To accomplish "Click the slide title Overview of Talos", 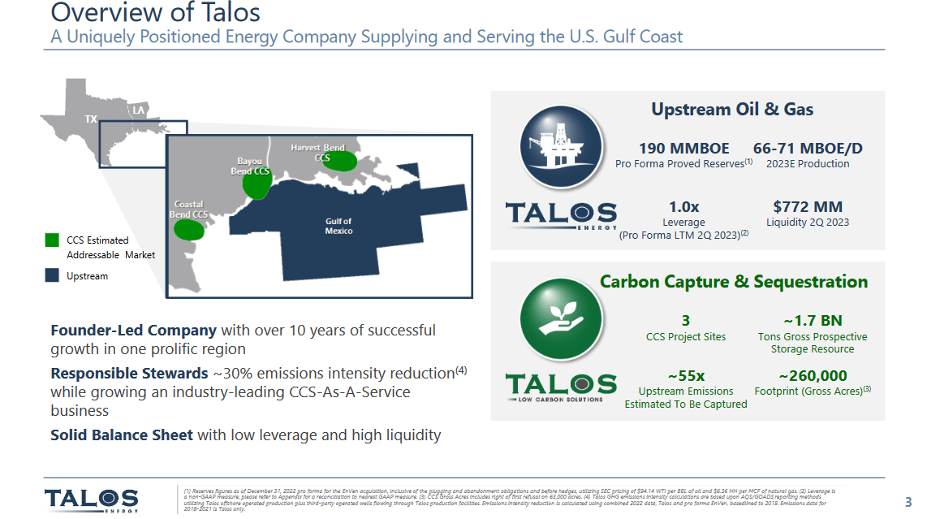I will (155, 13).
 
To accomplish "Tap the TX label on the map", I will (91, 119).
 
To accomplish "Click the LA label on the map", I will (139, 110).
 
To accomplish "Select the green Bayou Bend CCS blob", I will (258, 184).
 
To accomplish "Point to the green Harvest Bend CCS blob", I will (343, 160).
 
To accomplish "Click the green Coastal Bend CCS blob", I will (189, 228).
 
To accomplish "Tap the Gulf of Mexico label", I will (338, 226).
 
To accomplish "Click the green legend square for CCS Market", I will (52, 240).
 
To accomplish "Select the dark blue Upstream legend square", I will (52, 275).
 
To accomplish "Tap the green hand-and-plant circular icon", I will (561, 320).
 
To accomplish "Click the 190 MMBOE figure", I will (683, 149).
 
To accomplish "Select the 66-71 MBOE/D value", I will (807, 149).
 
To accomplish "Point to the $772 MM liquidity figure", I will (807, 207).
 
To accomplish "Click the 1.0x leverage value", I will (683, 207).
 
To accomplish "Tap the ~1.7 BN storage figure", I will (812, 321).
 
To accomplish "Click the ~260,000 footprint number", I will (812, 375).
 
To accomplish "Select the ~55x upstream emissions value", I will (686, 375).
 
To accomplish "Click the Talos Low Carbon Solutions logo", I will (560, 387).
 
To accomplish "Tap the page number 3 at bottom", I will (908, 501).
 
